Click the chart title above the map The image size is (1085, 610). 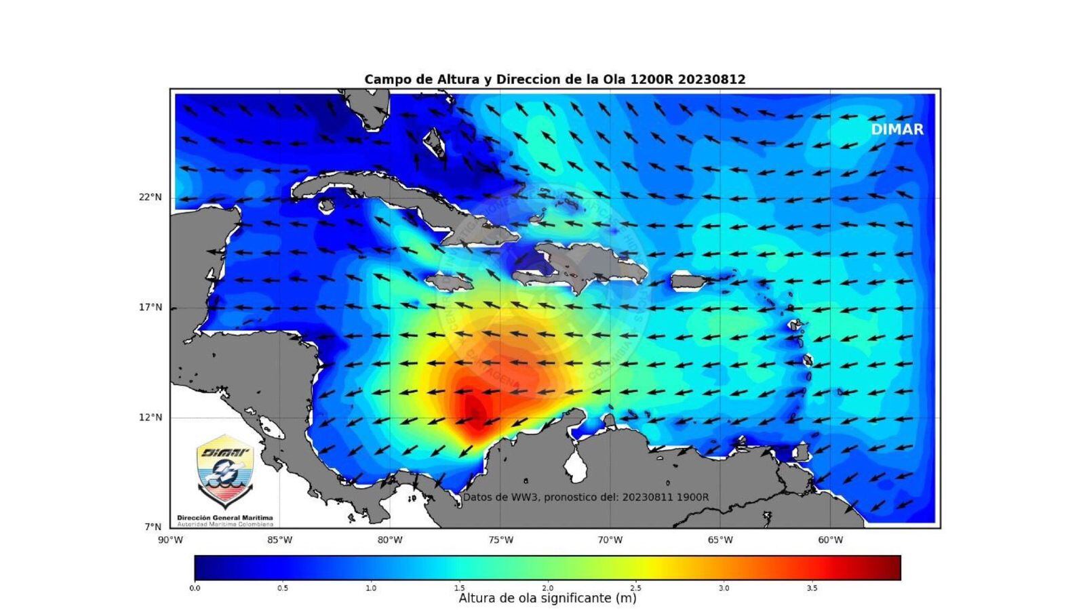[555, 79]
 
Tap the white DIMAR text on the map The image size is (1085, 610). [897, 129]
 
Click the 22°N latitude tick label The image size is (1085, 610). [151, 197]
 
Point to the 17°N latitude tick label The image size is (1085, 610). [151, 307]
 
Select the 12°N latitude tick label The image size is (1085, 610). [151, 418]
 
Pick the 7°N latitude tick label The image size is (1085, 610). [153, 527]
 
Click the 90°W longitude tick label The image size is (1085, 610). [170, 540]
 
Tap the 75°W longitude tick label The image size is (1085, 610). [500, 540]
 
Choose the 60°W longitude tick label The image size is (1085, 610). [831, 540]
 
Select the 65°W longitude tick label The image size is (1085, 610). [720, 540]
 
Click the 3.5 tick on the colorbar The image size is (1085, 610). [812, 588]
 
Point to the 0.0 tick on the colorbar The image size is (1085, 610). [195, 588]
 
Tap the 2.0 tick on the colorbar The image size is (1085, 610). [547, 588]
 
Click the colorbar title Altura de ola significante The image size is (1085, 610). [547, 598]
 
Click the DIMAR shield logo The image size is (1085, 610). [224, 470]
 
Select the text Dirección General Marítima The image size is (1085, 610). [224, 518]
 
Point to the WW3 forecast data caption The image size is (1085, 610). [586, 497]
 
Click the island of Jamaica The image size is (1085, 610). [449, 280]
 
